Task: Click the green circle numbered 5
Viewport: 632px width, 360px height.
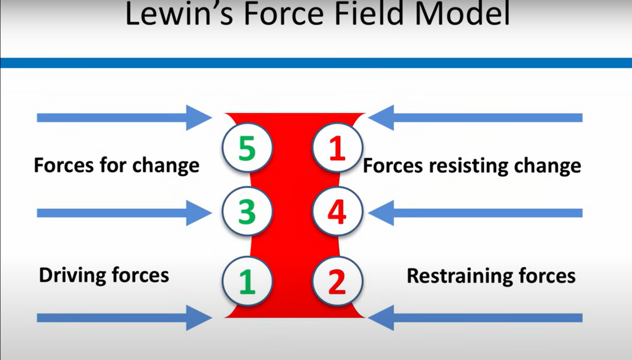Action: [x=247, y=149]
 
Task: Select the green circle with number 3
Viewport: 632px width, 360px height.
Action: [x=247, y=211]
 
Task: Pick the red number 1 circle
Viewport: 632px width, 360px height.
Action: [x=337, y=149]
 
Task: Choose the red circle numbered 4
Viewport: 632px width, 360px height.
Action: [x=337, y=211]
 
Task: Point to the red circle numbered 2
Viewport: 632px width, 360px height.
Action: [x=337, y=281]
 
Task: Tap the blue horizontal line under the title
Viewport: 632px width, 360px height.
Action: [x=316, y=63]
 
